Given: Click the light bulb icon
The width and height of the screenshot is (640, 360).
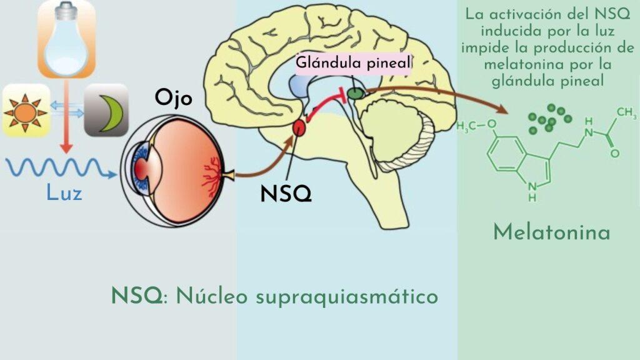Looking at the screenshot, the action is tap(66, 39).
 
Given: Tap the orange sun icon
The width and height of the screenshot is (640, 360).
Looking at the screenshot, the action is tap(26, 111).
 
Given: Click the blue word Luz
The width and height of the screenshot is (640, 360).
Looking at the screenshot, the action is tap(64, 192).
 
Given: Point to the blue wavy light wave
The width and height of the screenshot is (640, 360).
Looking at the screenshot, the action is tap(61, 168).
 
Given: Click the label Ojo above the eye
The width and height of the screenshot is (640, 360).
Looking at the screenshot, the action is tap(173, 98).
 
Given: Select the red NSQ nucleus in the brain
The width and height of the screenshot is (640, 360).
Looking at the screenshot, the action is tap(299, 128).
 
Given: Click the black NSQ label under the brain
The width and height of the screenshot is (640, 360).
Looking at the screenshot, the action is tap(286, 194).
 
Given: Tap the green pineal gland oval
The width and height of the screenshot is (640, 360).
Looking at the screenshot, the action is tap(355, 94).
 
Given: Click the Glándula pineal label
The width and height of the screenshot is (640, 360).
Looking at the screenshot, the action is tap(352, 62).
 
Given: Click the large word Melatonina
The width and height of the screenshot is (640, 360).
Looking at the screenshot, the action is tap(551, 232).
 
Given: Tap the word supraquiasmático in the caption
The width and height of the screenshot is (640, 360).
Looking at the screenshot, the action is tap(347, 296).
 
